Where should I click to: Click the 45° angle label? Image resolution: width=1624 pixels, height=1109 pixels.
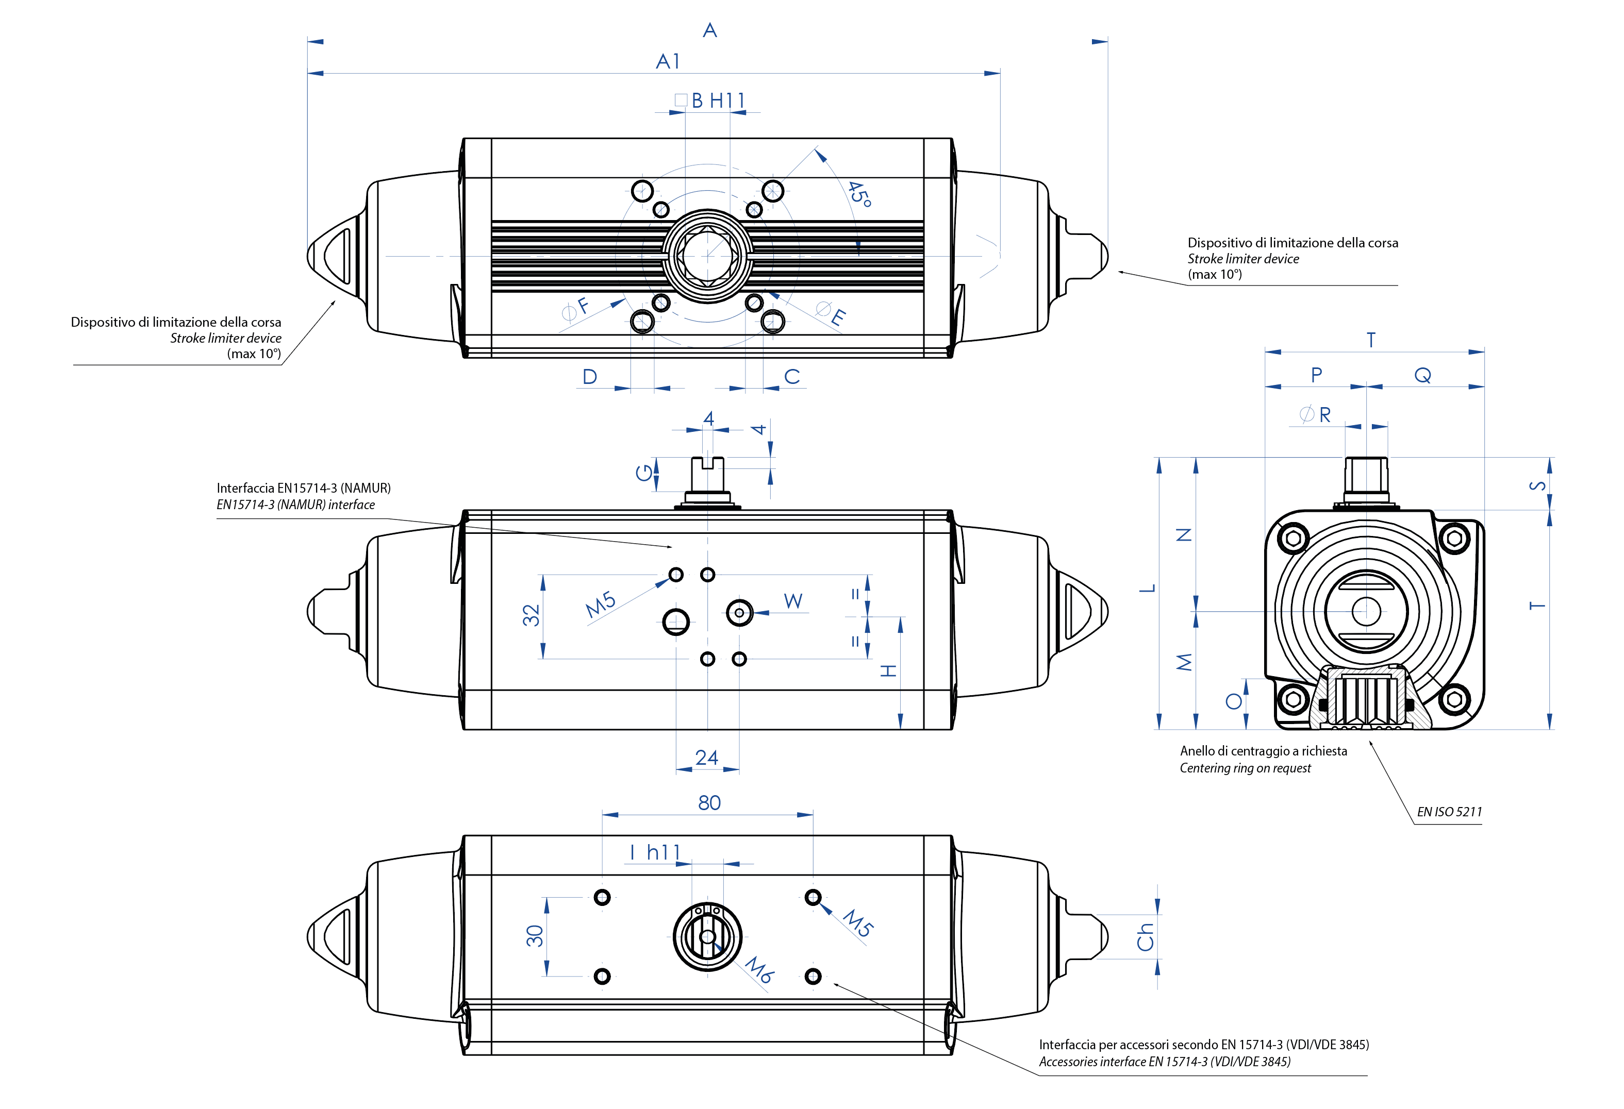pos(859,194)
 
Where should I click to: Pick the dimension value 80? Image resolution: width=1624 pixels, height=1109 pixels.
pos(709,803)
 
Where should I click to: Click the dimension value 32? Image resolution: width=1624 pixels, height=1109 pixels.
pos(532,615)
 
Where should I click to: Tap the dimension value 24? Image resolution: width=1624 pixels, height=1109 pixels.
pos(706,758)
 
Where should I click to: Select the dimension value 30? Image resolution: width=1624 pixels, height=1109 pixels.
pos(535,936)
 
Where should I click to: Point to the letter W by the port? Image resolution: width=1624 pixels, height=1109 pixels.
pos(793,601)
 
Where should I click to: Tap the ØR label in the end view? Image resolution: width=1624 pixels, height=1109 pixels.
pos(1315,415)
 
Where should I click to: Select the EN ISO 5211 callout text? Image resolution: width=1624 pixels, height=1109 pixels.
pos(1449,812)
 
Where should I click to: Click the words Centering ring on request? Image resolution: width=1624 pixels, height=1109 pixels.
pos(1245,768)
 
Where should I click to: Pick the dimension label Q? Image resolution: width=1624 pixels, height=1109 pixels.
pos(1423,376)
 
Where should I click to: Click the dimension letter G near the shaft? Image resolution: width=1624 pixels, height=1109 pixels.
pos(643,473)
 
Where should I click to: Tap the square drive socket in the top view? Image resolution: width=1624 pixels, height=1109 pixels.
pos(707,256)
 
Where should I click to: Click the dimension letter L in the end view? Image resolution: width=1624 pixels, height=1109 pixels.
pos(1148,588)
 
